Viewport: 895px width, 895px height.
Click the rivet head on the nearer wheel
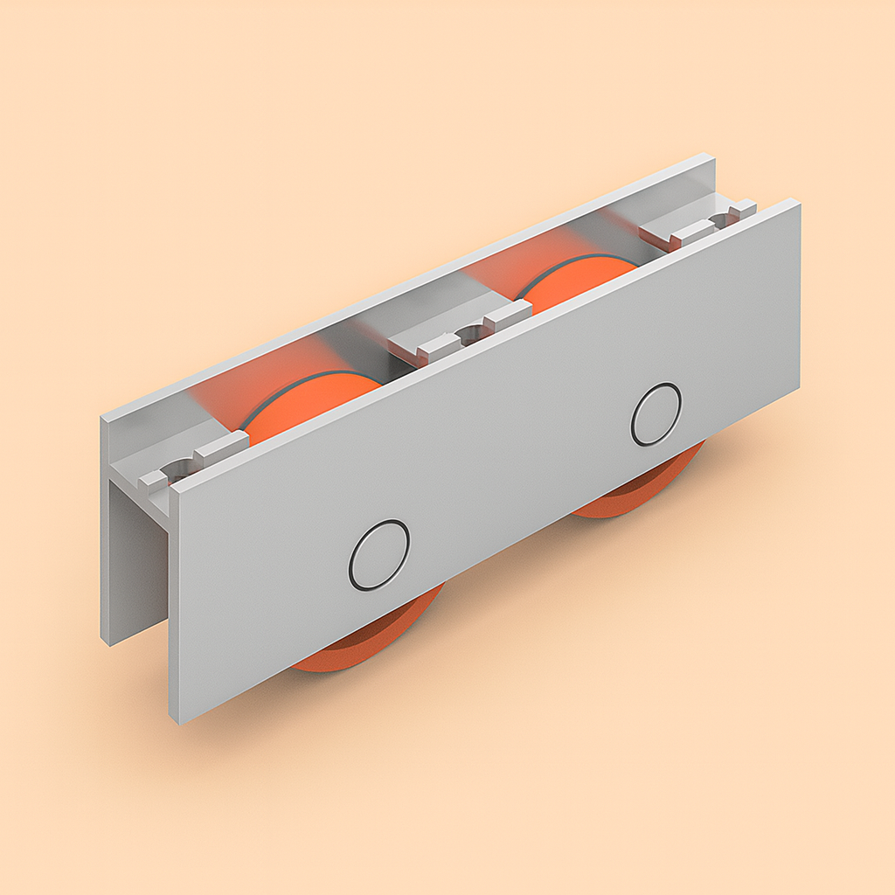coord(379,555)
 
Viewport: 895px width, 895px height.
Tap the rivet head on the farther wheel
coord(656,414)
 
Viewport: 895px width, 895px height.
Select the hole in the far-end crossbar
coord(722,218)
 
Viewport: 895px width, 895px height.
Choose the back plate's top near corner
coord(102,417)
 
